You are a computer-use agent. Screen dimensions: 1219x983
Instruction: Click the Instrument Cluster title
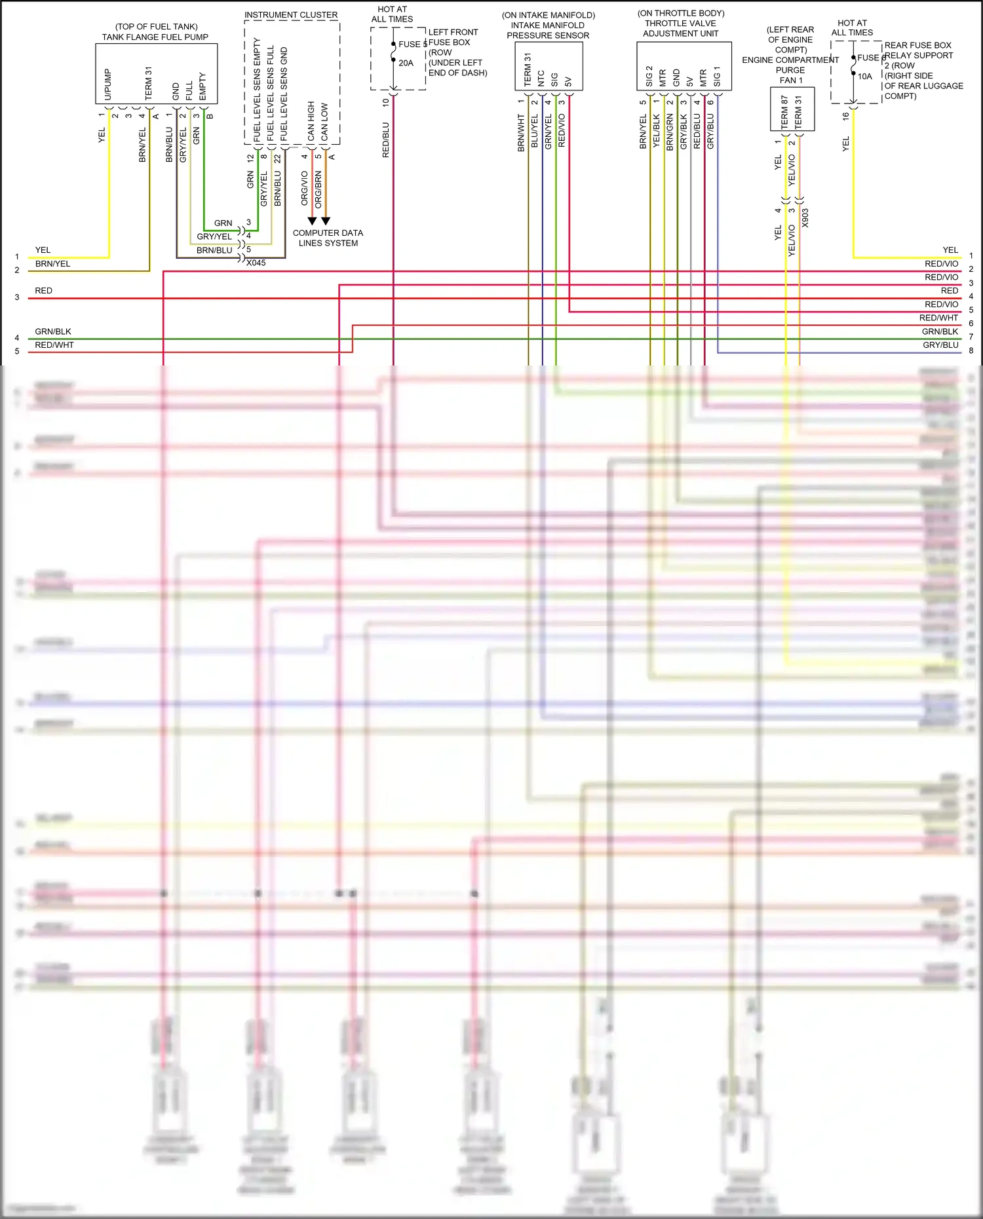click(291, 14)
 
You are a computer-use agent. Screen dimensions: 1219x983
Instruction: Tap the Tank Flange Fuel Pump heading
click(155, 37)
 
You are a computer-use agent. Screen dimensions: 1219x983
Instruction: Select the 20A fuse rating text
click(406, 63)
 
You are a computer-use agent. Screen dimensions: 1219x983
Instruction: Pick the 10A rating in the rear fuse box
click(865, 77)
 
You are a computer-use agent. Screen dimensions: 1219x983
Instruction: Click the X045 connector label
click(256, 263)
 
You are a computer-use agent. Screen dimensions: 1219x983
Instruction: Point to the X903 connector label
click(805, 218)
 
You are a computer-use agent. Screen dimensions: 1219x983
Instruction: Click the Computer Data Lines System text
click(328, 238)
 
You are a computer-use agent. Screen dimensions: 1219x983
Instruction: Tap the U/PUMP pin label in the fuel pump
click(108, 84)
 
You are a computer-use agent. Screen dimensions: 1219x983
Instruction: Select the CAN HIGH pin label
click(311, 121)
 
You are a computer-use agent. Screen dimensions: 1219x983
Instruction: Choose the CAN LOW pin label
click(324, 122)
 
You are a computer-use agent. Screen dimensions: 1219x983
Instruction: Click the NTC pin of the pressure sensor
click(541, 79)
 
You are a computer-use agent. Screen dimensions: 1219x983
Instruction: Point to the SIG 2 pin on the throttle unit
click(649, 76)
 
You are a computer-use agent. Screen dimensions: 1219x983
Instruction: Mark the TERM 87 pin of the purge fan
click(784, 111)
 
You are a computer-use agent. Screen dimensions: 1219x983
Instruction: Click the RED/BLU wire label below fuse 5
click(386, 140)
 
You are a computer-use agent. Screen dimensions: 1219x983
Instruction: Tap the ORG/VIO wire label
click(305, 188)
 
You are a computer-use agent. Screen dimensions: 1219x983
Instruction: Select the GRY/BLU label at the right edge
click(940, 345)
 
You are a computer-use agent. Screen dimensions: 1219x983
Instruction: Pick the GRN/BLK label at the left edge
click(53, 331)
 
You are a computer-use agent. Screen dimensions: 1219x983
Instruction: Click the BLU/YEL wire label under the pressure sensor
click(535, 130)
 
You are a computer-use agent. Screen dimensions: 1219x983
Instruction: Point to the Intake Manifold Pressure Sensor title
click(548, 26)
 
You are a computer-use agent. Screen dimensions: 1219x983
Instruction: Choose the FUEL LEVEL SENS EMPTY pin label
click(257, 89)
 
